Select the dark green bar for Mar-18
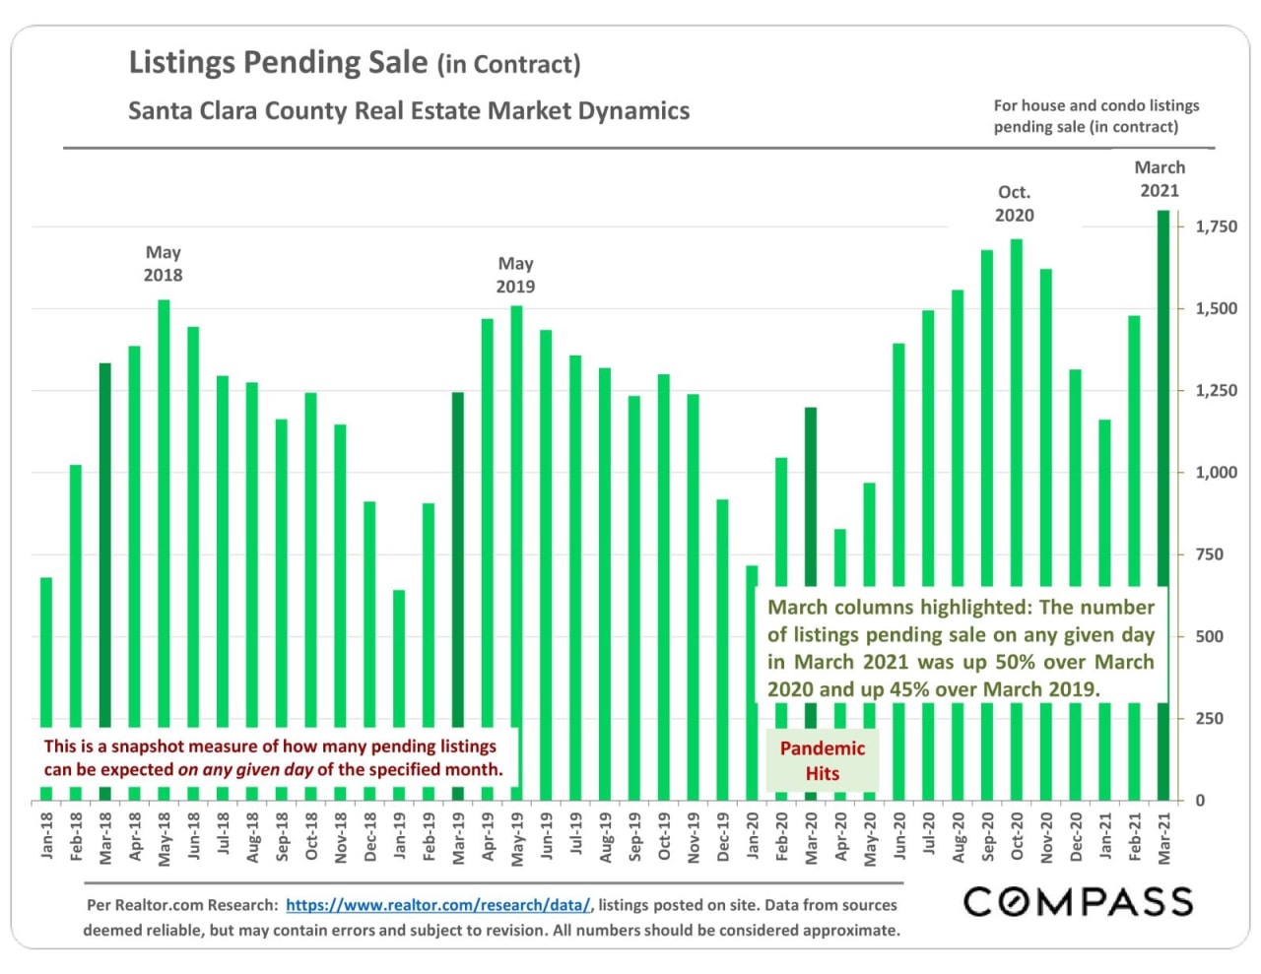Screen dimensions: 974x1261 point(105,542)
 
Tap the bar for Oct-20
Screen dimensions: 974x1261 point(1017,414)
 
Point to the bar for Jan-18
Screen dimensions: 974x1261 point(46,650)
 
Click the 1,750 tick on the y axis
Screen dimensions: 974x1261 point(1216,227)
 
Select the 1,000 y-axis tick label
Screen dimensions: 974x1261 point(1216,473)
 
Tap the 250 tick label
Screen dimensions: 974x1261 point(1210,719)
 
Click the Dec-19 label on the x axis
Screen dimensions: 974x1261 point(723,837)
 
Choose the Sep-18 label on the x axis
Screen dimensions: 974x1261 point(282,837)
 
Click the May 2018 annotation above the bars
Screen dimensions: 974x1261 point(164,264)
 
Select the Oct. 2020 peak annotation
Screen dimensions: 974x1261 point(1015,204)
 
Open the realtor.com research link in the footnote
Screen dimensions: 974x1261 point(438,905)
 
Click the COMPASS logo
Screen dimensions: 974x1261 point(1078,901)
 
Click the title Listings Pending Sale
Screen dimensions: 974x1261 point(279,62)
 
